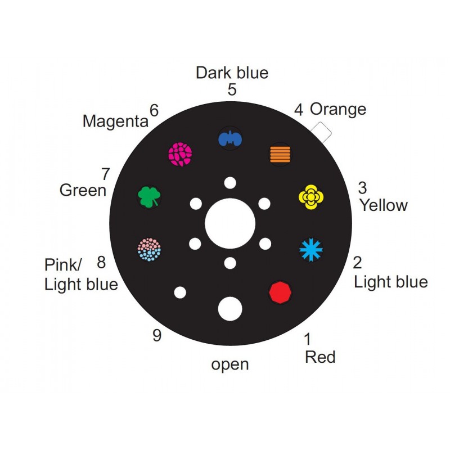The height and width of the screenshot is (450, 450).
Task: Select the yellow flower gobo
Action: (x=311, y=196)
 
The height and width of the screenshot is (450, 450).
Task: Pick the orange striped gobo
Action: (x=280, y=153)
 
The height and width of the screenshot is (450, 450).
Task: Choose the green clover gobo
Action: (x=150, y=196)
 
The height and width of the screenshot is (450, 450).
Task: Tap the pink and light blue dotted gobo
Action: (x=150, y=249)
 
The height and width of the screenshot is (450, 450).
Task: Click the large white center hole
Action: (x=229, y=222)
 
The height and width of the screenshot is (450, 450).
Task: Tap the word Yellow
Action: (x=384, y=205)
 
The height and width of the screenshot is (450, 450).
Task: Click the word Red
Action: (x=320, y=357)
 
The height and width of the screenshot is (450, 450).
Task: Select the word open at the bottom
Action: (x=230, y=364)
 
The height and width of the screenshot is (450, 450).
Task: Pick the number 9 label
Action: (x=157, y=336)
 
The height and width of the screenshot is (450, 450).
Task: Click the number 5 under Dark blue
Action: (x=232, y=90)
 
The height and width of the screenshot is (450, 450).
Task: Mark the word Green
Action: (x=83, y=190)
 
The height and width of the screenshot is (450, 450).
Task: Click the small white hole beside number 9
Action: (x=180, y=292)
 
